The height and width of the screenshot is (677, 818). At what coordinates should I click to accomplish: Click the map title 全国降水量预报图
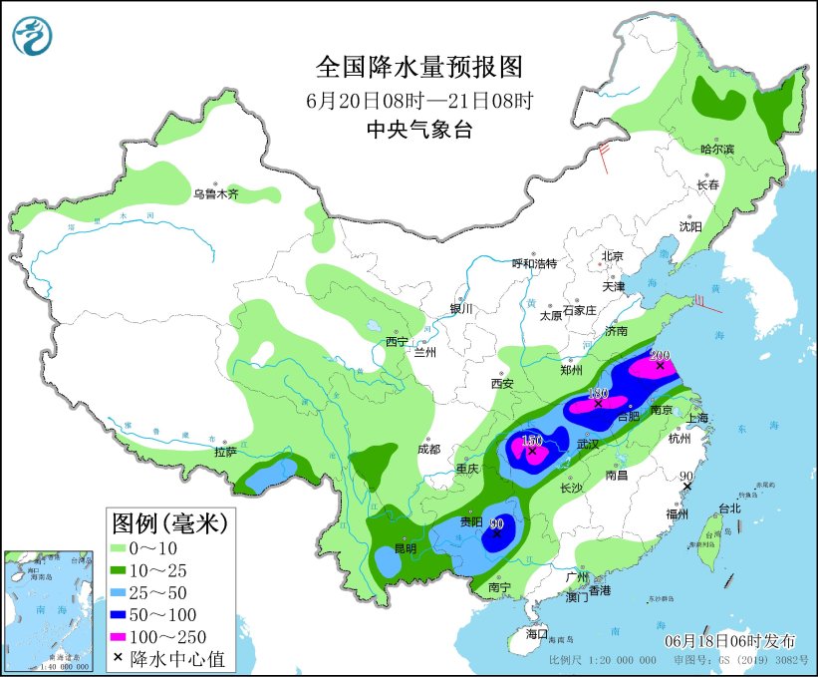(418, 68)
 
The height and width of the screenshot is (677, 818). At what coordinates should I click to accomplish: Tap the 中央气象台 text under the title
(418, 130)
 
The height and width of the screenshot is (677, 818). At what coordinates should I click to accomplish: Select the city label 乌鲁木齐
(216, 194)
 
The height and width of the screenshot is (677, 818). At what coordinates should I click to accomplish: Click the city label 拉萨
(225, 452)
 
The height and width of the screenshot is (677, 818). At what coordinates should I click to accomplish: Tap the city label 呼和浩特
(534, 263)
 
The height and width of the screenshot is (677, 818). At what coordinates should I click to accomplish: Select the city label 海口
(537, 634)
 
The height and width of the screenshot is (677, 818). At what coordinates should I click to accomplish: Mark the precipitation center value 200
(660, 355)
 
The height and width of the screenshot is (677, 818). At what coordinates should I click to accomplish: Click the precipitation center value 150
(531, 441)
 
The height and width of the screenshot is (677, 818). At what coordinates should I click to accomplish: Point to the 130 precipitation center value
(598, 393)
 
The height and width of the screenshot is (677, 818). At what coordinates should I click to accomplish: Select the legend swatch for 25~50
(127, 591)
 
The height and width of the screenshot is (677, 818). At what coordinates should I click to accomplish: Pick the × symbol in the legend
(120, 659)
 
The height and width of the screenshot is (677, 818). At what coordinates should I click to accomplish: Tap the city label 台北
(729, 508)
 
